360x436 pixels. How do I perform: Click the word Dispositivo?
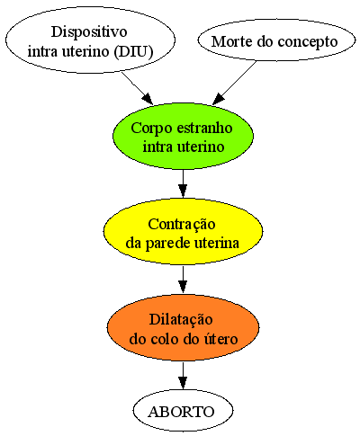click(89, 31)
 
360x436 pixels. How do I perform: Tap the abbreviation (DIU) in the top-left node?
click(133, 51)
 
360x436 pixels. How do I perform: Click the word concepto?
click(308, 42)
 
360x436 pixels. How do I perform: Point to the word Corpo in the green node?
click(152, 129)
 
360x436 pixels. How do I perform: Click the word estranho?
click(204, 128)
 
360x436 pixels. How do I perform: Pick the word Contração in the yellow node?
click(182, 225)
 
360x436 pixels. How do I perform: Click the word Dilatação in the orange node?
click(181, 320)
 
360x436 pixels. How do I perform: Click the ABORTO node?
click(183, 411)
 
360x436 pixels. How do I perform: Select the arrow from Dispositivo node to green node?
click(138, 88)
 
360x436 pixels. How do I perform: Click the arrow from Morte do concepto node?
click(234, 83)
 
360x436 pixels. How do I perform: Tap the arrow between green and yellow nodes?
click(183, 183)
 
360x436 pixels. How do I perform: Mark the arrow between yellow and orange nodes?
click(183, 280)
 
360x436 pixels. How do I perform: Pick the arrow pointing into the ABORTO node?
click(183, 376)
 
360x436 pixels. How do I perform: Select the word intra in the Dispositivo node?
click(43, 51)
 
